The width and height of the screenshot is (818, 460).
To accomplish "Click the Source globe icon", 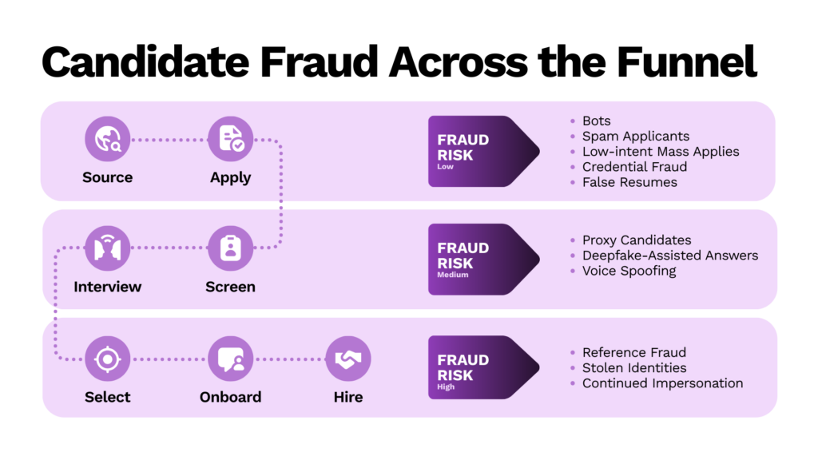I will (x=108, y=139).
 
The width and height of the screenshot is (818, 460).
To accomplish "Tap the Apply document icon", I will (x=231, y=139).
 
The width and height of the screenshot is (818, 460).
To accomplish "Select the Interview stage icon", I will (x=108, y=248).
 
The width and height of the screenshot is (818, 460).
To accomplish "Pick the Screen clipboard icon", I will (x=231, y=248).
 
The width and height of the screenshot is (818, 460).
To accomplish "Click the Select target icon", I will (x=108, y=359).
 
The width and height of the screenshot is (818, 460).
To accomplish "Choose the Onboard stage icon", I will (x=231, y=359).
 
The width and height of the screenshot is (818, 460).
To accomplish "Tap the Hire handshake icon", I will (x=348, y=359).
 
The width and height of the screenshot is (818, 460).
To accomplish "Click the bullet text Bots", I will (x=596, y=121).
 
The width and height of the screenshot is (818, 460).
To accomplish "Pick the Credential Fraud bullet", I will (x=634, y=167).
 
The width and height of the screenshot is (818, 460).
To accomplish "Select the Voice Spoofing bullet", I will (x=629, y=271).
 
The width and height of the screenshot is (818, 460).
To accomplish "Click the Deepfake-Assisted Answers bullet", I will (x=669, y=256).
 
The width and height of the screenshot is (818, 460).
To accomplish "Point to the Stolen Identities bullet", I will (x=634, y=368).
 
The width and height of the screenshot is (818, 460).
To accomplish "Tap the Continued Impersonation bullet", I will (x=662, y=383).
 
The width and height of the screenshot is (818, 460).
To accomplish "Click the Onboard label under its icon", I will (x=230, y=397).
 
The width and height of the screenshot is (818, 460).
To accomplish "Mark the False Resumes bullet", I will (x=629, y=182).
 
